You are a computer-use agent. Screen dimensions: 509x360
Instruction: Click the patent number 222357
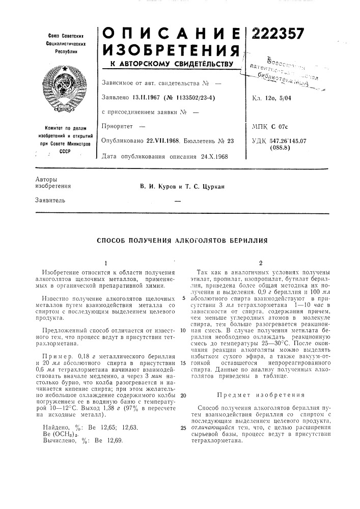tap(278, 34)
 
